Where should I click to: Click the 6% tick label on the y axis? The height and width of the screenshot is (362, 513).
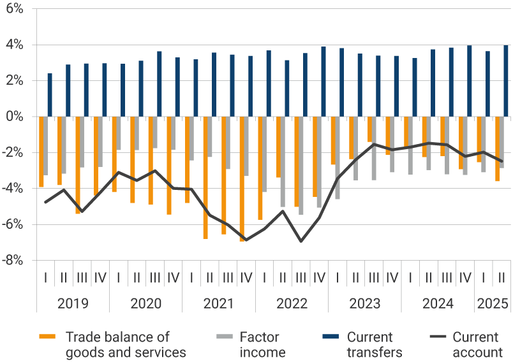click(14, 10)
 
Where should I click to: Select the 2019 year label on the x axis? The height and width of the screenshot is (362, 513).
click(73, 303)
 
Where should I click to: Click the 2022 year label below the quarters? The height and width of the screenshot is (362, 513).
click(292, 303)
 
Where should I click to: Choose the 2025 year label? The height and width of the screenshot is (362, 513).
click(492, 303)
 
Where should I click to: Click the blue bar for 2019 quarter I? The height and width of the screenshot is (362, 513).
click(50, 95)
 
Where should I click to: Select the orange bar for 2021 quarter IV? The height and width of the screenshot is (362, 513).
click(242, 178)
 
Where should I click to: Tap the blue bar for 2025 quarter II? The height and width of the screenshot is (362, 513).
click(506, 81)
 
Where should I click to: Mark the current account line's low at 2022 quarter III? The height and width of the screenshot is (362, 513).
click(301, 241)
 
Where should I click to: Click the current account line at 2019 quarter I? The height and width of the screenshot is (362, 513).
click(45, 202)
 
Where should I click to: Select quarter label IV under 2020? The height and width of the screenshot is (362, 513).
click(173, 278)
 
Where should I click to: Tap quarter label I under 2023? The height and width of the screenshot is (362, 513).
click(337, 278)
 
